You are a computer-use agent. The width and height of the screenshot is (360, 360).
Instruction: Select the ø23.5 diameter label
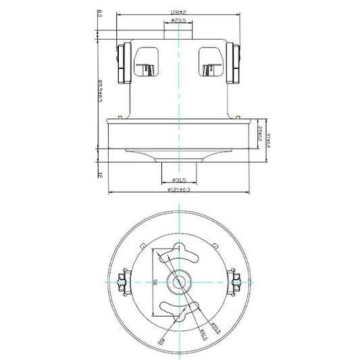[x=179, y=22]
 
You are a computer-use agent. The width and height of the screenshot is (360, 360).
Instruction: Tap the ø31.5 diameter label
[x=180, y=180]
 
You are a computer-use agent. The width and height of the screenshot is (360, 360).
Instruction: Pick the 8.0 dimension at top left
[x=99, y=13]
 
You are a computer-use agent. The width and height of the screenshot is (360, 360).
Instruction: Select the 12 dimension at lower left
[x=99, y=174]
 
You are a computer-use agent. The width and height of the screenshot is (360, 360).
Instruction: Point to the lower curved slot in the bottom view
[x=180, y=307]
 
